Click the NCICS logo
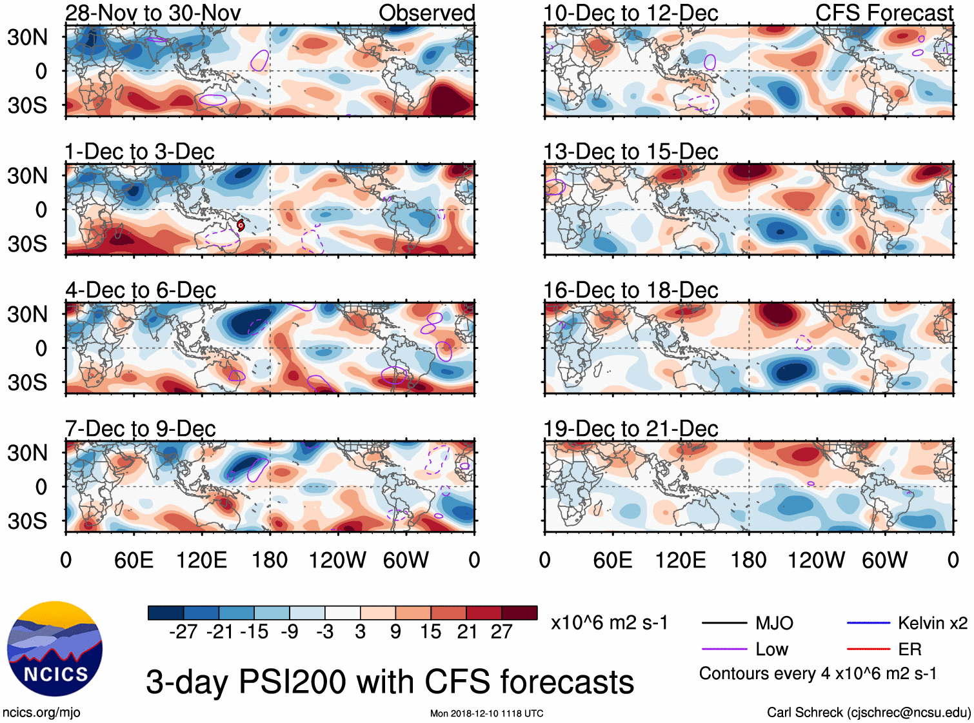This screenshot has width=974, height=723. click(x=54, y=649)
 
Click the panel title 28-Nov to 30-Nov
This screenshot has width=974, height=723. click(x=153, y=13)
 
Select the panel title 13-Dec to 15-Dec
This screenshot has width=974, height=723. click(x=630, y=152)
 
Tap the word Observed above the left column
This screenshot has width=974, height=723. click(x=426, y=13)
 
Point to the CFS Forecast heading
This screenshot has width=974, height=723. click(x=884, y=13)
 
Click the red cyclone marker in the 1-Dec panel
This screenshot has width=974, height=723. click(x=241, y=225)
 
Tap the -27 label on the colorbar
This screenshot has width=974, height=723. click(x=183, y=632)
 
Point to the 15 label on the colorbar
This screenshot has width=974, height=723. click(x=430, y=632)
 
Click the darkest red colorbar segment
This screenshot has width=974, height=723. click(x=519, y=613)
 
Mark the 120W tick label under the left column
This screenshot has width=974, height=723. click(x=337, y=560)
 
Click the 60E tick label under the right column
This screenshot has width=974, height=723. click(x=612, y=560)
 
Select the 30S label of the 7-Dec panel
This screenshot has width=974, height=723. click(x=27, y=521)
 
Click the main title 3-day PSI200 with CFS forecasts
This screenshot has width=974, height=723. click(x=390, y=682)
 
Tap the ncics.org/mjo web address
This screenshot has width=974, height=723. click(x=41, y=713)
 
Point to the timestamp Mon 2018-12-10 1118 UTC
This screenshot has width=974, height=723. click(x=486, y=713)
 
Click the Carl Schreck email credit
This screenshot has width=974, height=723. click(x=868, y=713)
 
